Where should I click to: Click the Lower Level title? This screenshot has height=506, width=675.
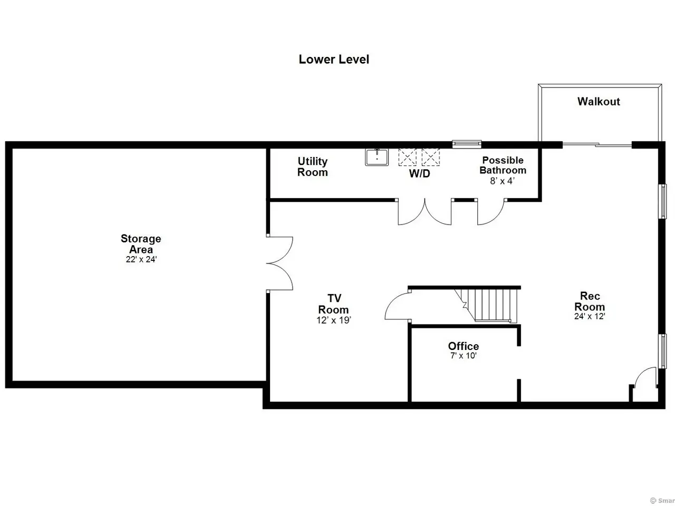coord(334,59)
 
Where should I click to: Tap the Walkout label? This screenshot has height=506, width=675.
coord(599,101)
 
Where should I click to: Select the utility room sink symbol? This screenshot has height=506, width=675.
coord(377,157)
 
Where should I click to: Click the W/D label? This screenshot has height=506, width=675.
coord(419,173)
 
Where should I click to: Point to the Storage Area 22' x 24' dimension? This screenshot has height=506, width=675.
coord(141,259)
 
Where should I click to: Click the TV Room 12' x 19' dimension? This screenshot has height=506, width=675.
coord(334,320)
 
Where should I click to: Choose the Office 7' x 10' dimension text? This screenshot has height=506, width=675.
coord(464,355)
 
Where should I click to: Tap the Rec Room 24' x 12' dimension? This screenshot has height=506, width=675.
coord(590,316)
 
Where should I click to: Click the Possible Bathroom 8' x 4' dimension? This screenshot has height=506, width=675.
coord(502,181)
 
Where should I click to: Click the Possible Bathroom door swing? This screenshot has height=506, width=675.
coord(490,212)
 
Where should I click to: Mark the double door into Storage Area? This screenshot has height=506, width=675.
coord(279,264)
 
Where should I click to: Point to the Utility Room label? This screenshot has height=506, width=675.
coord(312,167)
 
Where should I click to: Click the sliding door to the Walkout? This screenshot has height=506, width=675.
coord(597,144)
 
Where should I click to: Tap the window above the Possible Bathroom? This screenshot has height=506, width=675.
coord(467,144)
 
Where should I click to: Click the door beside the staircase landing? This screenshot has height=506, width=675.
coord(398,306)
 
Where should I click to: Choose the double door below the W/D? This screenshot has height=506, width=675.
coord(425,212)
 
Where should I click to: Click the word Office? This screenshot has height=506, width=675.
coord(464,346)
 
